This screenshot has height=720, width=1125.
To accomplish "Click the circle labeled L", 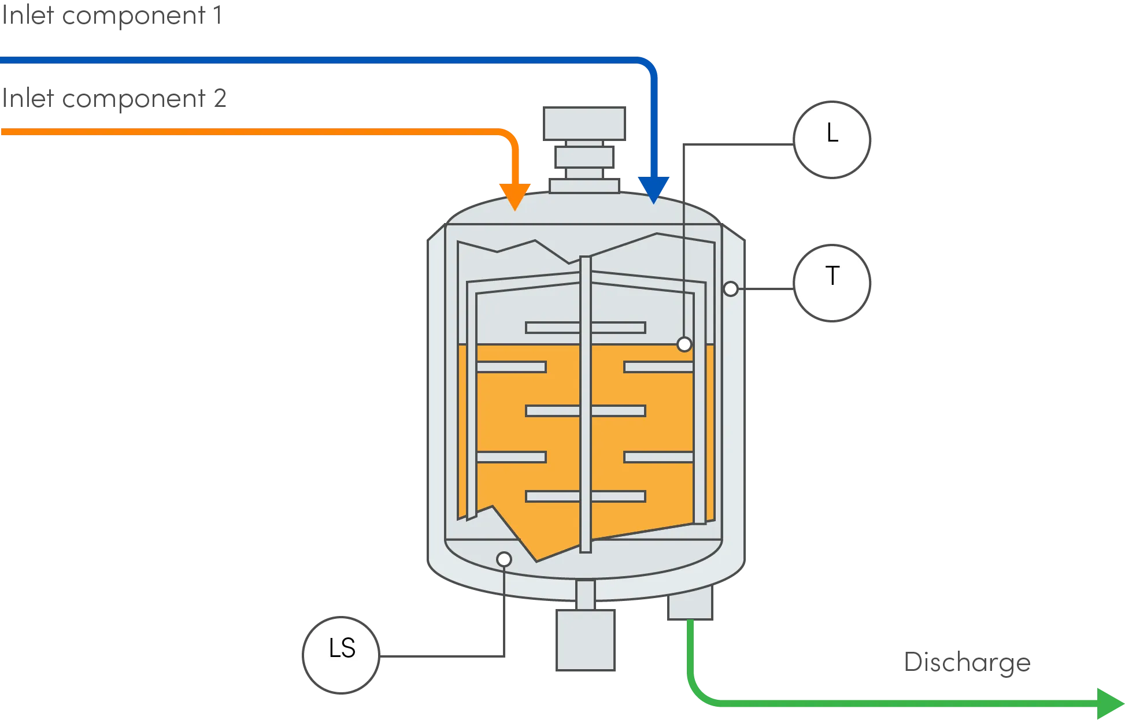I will point(832,139).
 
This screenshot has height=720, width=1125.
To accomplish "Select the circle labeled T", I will point(832,283).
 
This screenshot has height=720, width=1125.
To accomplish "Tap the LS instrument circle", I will point(341,654).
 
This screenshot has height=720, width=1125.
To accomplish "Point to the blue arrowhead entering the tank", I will point(654,189).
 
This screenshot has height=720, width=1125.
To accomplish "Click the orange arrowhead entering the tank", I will point(515,195).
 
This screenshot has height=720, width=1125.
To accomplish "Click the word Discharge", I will point(966,665).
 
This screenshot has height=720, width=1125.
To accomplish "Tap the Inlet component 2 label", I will point(113,99).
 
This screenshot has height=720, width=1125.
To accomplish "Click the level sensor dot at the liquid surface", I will point(684,344).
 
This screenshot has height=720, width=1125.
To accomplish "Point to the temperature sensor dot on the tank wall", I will point(731,288).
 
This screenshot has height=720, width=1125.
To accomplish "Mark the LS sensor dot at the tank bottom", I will point(504,559).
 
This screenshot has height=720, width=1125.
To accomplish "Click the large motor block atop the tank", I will point(585,124).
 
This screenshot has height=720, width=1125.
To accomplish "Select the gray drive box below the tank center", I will point(584,640).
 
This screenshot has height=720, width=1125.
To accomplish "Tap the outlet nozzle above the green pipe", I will point(691,604).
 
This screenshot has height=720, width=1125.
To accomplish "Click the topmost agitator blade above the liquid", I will point(585,328).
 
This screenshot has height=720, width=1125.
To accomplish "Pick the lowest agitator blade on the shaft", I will point(585,496).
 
